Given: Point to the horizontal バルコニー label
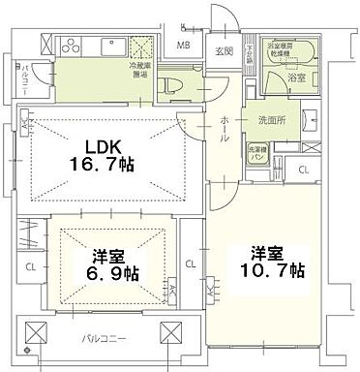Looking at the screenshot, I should click(x=101, y=340).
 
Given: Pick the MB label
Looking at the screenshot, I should click(x=183, y=44).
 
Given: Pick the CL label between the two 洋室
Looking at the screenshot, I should click(x=190, y=263).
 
